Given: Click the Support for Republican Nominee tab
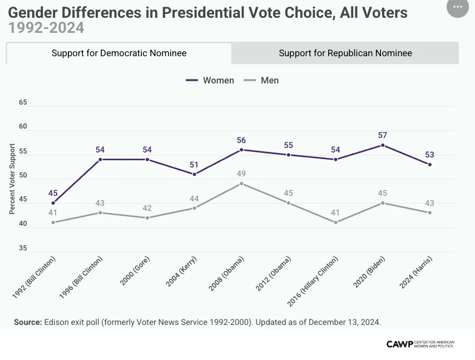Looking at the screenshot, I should pos(345,53).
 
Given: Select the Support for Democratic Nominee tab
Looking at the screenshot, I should pos(119,53).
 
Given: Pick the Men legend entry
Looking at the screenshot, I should pos(262,80).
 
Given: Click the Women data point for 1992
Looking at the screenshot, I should pos(53,203).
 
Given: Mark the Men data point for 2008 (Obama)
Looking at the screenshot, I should pos(241,184).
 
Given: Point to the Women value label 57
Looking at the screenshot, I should pos(382,135).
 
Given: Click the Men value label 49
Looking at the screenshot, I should pos(241,174).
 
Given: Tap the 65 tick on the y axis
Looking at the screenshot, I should pos(23,102).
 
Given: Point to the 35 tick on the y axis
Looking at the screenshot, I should pos(23,248).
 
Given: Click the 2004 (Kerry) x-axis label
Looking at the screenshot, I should pos(181,272).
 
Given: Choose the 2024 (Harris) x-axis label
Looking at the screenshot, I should pos(417,273).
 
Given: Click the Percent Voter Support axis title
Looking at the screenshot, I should pos(12,179).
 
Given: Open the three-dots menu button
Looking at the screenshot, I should pos(458,7).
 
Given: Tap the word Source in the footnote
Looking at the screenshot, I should pos(28,322).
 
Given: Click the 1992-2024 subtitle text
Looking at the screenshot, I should pos(46,27).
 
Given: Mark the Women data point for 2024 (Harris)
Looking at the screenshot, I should pos(430,164).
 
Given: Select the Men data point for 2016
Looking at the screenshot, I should pos(336,223).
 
